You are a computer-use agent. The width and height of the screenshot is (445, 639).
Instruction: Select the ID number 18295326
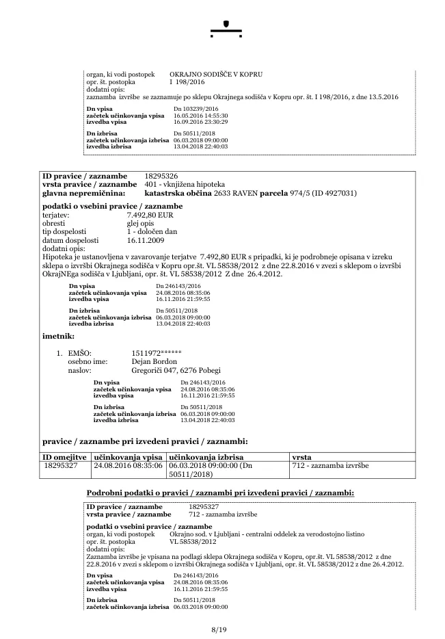point(161,177)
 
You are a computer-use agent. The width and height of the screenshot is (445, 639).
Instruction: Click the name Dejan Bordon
point(154,361)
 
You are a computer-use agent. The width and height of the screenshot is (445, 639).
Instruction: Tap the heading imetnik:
point(58,336)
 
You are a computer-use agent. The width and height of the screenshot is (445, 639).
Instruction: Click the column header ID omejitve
point(65,456)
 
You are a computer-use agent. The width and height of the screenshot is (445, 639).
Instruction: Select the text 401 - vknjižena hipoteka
point(185,185)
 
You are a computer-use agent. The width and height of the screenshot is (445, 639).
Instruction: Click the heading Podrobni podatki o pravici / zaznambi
point(219,493)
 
